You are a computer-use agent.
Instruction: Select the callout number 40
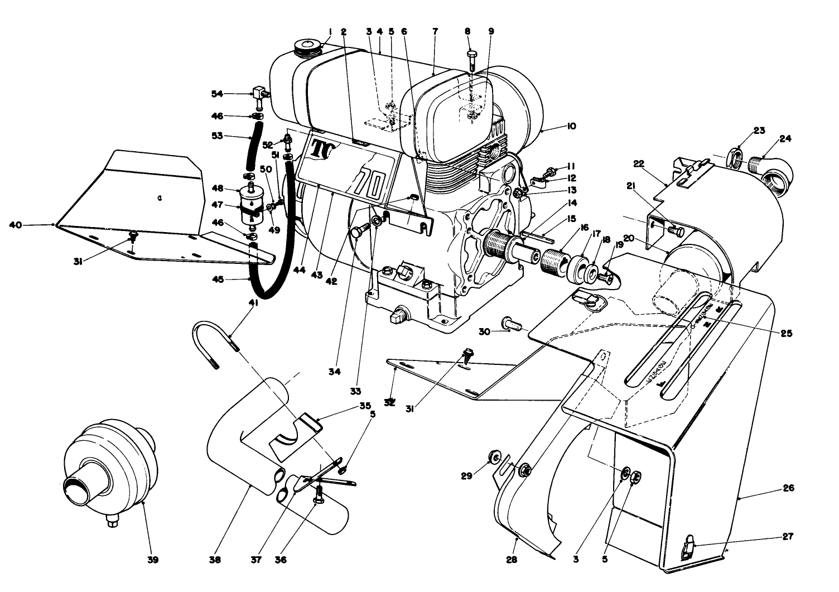pyautogui.click(x=15, y=225)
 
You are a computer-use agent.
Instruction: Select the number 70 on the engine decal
pyautogui.click(x=370, y=182)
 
